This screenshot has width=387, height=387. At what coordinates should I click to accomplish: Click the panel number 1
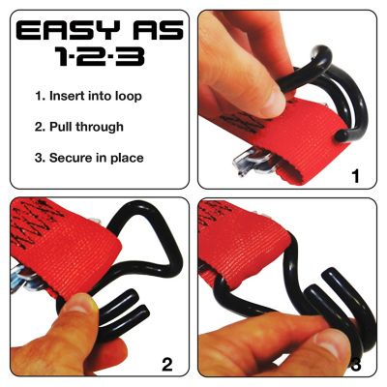[356, 176]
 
